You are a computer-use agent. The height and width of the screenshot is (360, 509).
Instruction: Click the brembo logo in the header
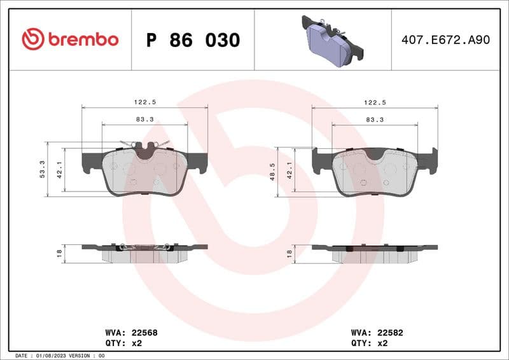coord(70,39)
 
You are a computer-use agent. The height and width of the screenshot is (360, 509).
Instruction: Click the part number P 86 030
coord(193,40)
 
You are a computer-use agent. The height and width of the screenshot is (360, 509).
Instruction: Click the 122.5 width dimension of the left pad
coord(145,102)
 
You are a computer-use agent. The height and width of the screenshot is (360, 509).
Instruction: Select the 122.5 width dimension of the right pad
coord(375,102)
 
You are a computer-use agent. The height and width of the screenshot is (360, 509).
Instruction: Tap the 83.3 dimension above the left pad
coord(145,119)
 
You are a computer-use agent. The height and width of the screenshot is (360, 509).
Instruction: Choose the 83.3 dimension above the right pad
coord(375,119)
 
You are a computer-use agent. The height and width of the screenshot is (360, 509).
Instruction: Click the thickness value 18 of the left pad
coord(59,253)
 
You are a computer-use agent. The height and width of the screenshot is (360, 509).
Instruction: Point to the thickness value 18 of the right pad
coord(289,253)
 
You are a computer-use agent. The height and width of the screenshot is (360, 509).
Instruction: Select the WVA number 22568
coord(145,332)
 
